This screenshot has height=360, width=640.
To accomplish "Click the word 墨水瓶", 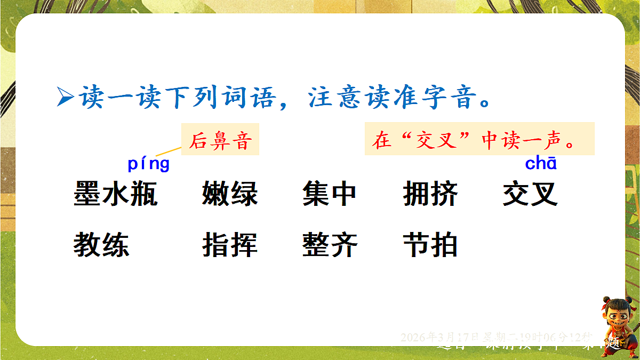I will (115, 194).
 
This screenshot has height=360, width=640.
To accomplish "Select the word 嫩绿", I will (230, 194).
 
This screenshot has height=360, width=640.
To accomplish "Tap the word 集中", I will (329, 194).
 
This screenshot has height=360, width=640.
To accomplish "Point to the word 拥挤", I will (430, 194).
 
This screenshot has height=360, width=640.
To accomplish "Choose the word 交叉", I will (530, 194).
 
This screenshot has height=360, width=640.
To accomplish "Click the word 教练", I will (101, 245).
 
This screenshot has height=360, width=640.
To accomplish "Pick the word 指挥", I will (230, 245).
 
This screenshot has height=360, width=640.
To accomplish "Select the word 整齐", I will (330, 245).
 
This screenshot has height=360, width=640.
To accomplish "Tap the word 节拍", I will (430, 245).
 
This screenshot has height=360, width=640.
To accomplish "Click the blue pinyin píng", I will (148, 164).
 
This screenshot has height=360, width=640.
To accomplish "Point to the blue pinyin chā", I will (541, 163).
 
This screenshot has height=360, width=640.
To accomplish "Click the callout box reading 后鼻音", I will (220, 140).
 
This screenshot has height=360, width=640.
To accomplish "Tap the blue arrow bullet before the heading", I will (65, 98).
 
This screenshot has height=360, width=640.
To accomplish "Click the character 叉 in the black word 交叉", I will (545, 194).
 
